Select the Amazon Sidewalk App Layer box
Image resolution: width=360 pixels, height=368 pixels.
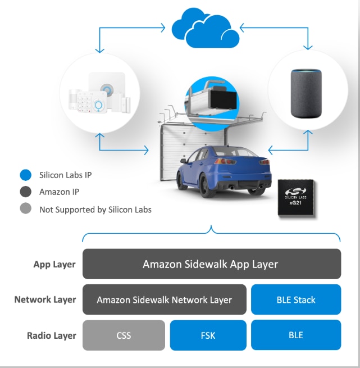coord(211,263)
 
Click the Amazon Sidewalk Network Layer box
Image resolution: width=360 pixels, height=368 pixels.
coord(164,299)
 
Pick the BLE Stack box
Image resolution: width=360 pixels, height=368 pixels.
coord(295,299)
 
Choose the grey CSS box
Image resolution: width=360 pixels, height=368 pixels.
coord(124,335)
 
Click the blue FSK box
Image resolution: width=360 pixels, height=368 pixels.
coord(208,335)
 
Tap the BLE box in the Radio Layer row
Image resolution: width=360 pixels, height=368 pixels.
coord(295,335)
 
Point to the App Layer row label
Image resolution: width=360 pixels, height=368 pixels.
coord(54,264)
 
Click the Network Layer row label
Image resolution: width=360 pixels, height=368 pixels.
coord(45,299)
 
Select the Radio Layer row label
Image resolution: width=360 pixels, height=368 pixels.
coord(51,335)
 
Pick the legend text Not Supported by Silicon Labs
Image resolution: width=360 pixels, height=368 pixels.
coord(95,209)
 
